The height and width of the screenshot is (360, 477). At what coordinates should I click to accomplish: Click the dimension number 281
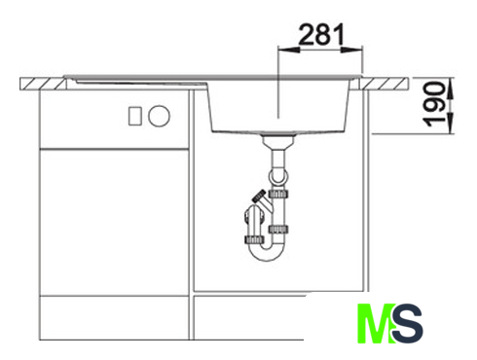(x=321, y=34)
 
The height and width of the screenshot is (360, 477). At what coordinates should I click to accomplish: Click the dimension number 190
(x=434, y=104)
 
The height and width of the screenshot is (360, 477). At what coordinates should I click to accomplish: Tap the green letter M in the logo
(x=375, y=323)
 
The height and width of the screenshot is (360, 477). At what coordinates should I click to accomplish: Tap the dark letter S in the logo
(x=407, y=323)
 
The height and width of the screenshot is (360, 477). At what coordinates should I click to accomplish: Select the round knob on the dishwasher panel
(x=159, y=116)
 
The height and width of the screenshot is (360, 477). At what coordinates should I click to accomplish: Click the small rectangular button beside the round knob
(x=135, y=116)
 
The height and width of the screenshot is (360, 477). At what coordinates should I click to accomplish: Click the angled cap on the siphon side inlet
(x=259, y=197)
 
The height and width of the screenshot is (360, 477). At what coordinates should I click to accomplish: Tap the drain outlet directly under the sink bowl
(x=278, y=142)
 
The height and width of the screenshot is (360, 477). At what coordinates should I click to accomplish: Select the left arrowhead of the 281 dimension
(x=288, y=50)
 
